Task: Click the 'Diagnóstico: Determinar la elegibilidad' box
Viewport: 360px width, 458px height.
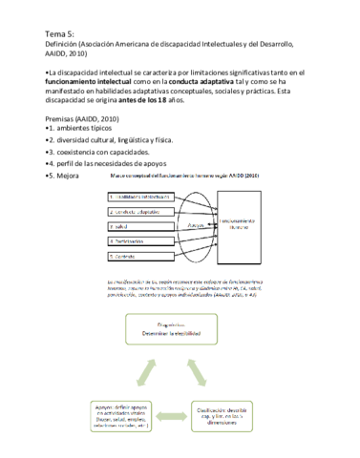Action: coord(180,330)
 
